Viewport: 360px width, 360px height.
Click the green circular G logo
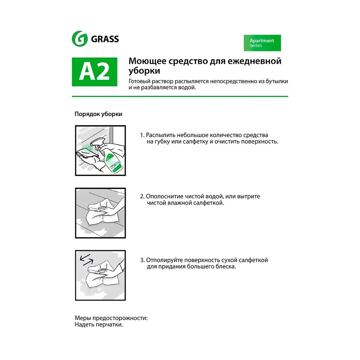pos(80,39)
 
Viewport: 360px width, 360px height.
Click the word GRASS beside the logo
pos(105,39)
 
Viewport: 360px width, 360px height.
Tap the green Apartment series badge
pos(262,43)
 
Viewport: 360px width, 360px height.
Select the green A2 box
pos(95,72)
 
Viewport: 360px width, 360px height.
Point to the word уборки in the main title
pos(144,71)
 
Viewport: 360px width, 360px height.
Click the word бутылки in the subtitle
pos(277,81)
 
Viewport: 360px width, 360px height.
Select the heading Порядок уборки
pos(98,114)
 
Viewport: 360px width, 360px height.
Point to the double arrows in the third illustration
pos(86,260)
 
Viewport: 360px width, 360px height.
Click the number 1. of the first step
pos(142,135)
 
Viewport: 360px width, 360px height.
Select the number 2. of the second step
pos(142,197)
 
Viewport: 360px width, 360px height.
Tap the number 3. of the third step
pos(142,260)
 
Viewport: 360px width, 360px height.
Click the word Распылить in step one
pos(161,135)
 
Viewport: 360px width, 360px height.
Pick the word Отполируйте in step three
pos(165,260)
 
